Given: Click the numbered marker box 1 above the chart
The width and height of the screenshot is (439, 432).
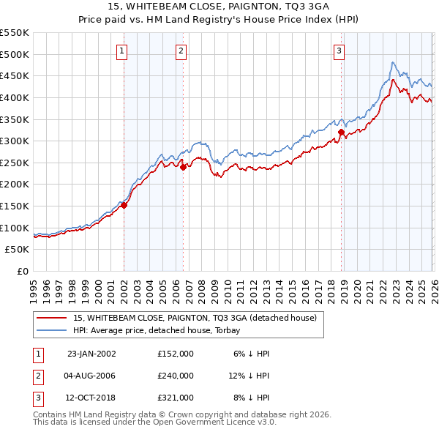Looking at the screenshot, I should point(121,51).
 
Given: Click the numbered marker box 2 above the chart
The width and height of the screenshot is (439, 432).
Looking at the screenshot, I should point(181,51).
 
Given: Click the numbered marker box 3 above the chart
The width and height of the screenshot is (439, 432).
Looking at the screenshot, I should point(339,51).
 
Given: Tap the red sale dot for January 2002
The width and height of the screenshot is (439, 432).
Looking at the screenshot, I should point(124,205).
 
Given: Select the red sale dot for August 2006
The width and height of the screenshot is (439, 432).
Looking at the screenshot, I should point(183,167).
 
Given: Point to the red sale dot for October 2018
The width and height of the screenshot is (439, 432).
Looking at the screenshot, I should point(342,132).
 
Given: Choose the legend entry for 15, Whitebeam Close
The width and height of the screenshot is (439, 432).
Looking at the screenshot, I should point(195,318).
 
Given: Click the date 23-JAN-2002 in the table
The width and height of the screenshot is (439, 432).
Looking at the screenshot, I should point(91,354).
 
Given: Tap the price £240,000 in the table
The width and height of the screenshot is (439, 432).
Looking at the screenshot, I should point(176,376).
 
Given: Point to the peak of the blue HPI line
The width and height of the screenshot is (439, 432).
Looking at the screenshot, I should point(393,62).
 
